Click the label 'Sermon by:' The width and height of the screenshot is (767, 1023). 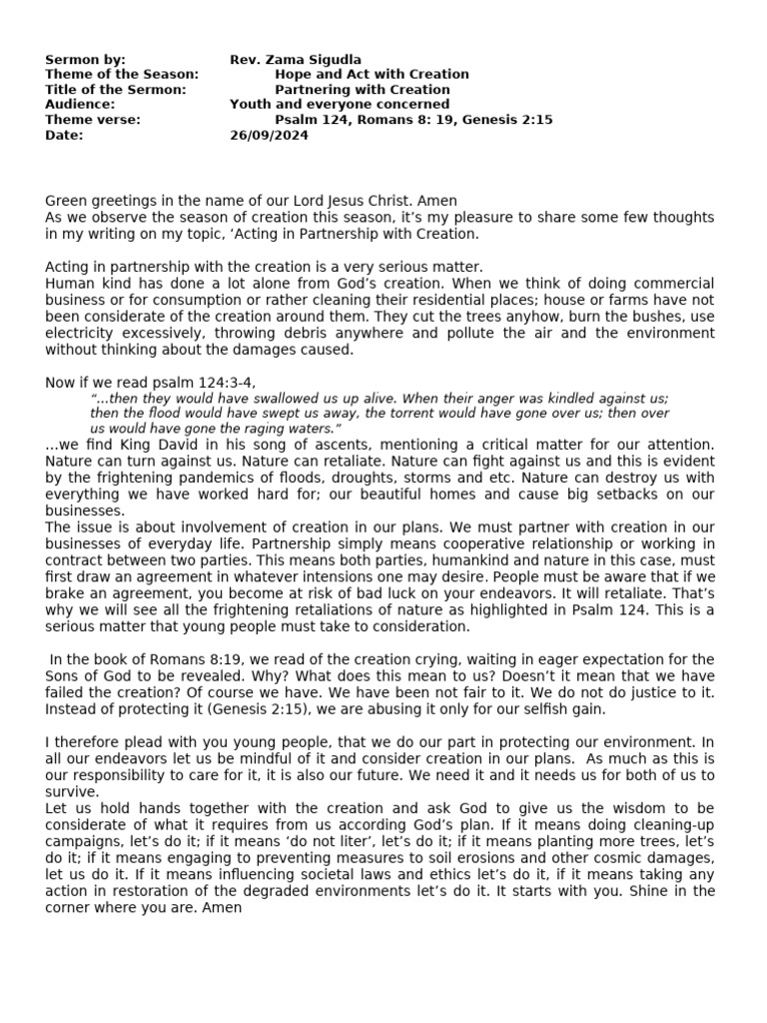click(85, 60)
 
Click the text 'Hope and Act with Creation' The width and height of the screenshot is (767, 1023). click(372, 75)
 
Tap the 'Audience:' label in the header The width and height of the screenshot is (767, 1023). click(80, 104)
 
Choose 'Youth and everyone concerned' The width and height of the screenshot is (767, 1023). click(340, 104)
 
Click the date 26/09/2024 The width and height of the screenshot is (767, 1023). click(270, 135)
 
